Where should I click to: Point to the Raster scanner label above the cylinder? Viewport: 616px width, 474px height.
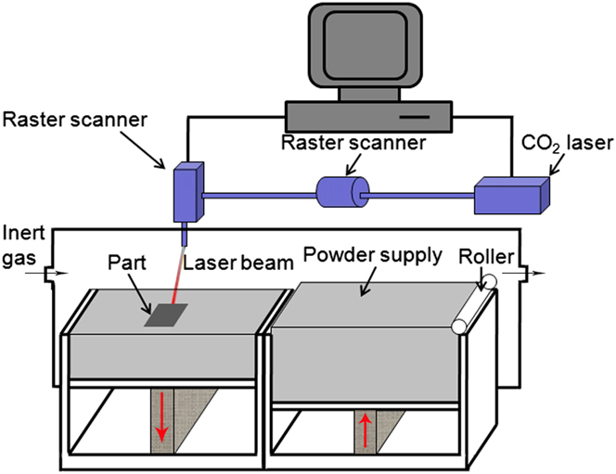click(355, 145)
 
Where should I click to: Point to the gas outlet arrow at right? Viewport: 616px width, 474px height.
click(537, 275)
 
